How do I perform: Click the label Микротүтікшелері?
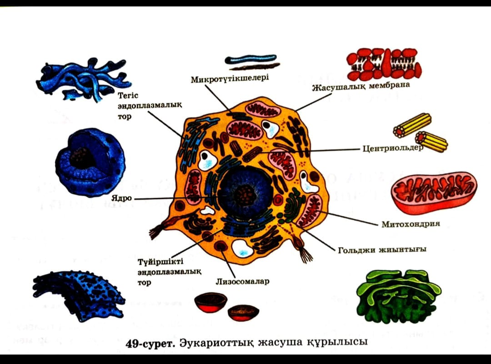coord(230,79)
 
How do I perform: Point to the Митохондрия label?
coord(411,224)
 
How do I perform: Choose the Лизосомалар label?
coord(242,281)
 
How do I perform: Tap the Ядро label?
coord(121,198)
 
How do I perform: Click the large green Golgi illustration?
coord(398,295)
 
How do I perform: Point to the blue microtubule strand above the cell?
coord(251,59)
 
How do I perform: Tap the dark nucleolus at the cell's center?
coord(246,194)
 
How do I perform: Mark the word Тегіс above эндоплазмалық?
coord(128,95)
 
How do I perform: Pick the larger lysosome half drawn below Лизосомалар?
coord(210,301)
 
